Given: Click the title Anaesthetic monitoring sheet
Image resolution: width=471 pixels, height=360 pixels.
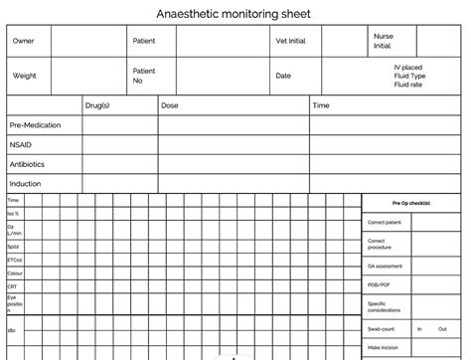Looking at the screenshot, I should [234, 14].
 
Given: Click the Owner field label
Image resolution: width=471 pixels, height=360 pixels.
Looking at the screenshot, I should [23, 41].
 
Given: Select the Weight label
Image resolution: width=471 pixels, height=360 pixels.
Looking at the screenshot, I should [25, 76].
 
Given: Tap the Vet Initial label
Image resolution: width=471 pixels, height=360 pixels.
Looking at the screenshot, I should [291, 41].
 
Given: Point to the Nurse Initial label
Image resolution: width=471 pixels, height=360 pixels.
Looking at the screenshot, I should [383, 41].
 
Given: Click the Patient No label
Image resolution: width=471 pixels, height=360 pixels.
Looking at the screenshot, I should [144, 76].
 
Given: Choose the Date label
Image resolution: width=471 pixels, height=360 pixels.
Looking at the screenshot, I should [283, 76].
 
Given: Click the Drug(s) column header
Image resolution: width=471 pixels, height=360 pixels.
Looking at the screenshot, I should [97, 104].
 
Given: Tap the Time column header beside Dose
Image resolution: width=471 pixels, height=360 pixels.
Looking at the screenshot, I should [321, 104].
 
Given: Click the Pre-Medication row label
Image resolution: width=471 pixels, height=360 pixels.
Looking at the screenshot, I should [35, 125].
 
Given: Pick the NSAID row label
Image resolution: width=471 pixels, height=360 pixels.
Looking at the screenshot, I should [21, 144].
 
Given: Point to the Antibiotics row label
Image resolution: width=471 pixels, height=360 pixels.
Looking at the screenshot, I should [28, 164].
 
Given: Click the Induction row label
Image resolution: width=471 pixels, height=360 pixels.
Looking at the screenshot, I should [25, 184].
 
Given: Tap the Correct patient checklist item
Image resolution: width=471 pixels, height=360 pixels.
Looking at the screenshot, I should [385, 222].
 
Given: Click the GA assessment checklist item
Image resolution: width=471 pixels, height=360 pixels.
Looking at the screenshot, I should [386, 266].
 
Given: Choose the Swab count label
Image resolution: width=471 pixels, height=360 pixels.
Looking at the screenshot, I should [381, 327].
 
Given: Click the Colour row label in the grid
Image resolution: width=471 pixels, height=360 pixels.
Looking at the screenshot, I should [15, 271].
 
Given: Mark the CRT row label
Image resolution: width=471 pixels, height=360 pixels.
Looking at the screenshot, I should [13, 285].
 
